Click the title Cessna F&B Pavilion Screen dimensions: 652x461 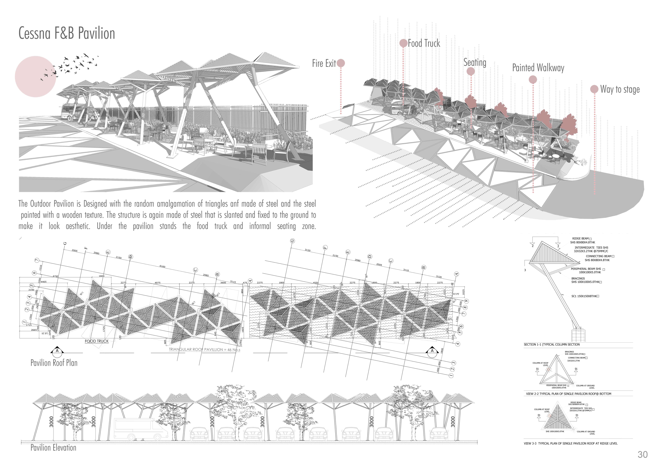67,34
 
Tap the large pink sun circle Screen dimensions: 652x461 35,77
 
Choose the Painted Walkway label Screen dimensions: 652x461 538,68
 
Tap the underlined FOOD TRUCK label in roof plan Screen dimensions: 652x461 97,341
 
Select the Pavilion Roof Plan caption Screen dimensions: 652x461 54,363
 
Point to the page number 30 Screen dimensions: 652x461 642,454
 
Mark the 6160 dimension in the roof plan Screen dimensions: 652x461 162,266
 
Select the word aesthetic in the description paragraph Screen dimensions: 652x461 78,226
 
